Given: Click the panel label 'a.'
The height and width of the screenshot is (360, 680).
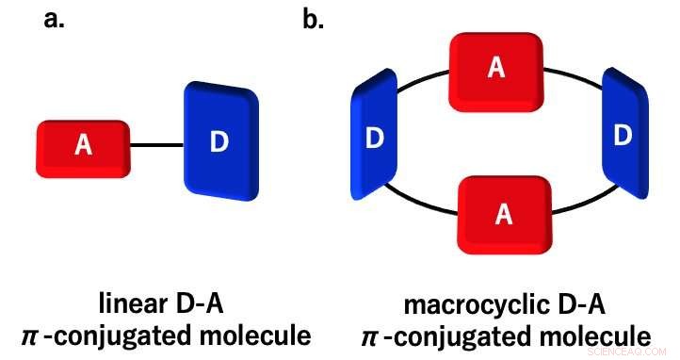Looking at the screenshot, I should (x=55, y=19).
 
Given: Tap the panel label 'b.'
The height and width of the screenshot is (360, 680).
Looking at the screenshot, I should (x=313, y=19).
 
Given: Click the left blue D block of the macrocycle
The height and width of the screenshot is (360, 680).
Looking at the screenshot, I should (x=373, y=139).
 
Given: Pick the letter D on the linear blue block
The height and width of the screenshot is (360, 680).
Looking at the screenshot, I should (x=219, y=142).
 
